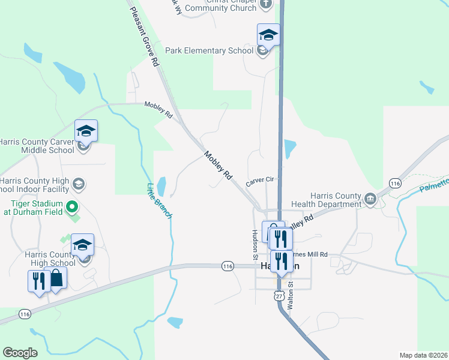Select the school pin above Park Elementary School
(x=268, y=36)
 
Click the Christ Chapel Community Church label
(x=221, y=5)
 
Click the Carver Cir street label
(x=259, y=179)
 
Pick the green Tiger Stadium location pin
(x=73, y=208)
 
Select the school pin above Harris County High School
(x=82, y=245)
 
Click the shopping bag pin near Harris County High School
(x=56, y=279)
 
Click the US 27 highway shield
(x=277, y=295)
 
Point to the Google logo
(x=20, y=353)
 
